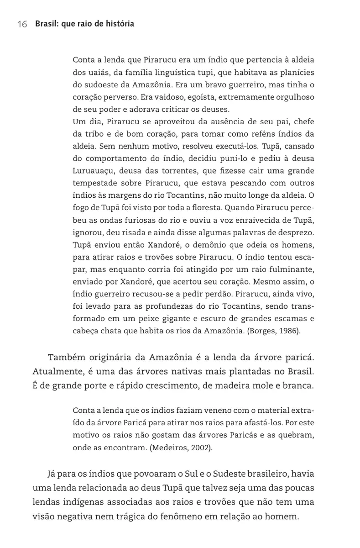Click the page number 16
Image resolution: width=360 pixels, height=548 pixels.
point(22,24)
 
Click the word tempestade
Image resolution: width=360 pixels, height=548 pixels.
point(95,183)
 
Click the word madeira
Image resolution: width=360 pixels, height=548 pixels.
point(245,385)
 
